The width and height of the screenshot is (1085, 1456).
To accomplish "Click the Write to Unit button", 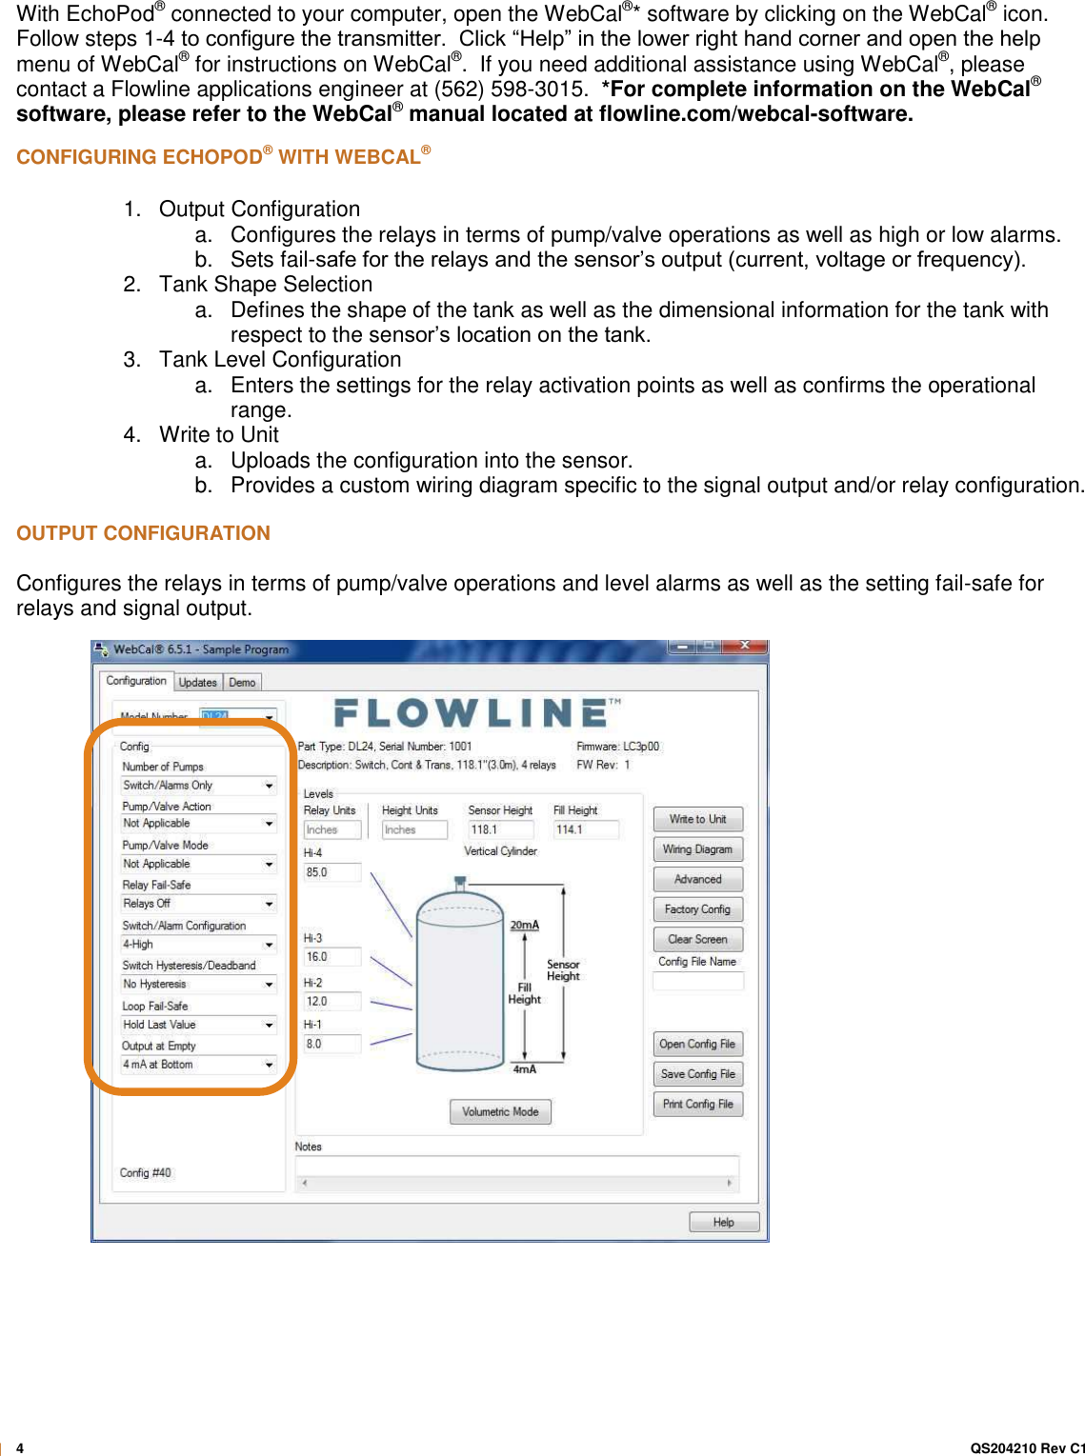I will [697, 819].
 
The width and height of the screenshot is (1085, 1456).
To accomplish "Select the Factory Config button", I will [697, 909].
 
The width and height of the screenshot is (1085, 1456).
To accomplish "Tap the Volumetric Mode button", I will [500, 1111].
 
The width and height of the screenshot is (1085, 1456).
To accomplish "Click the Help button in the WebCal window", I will [724, 1222].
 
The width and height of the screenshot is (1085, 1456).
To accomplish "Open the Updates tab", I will [198, 683].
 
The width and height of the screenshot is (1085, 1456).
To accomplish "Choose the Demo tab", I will [242, 683].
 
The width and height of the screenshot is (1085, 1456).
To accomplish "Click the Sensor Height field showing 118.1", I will [499, 829].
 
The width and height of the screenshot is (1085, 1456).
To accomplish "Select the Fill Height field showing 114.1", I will [585, 829].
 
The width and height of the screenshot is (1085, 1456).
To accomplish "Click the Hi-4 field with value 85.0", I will [331, 872].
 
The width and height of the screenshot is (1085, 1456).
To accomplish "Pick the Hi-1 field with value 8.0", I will [331, 1044].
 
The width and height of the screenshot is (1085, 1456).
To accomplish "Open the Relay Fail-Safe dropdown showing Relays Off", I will [198, 904].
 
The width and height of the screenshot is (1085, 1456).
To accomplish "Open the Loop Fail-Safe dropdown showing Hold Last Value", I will [198, 1025].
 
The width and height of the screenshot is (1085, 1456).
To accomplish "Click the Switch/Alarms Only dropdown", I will [198, 786].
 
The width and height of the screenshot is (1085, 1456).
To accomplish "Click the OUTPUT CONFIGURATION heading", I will [143, 533].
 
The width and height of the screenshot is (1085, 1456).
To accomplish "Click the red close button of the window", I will [746, 647].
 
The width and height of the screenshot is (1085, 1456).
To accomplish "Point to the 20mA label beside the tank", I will [524, 925].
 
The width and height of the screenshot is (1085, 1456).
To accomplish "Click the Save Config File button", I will [697, 1074].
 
